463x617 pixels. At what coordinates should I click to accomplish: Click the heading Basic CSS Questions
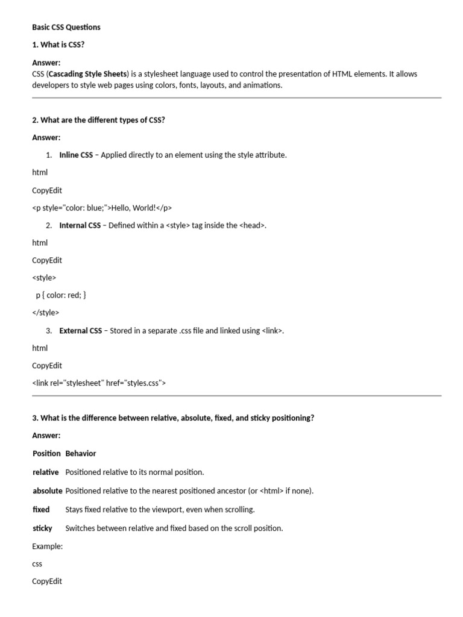pos(66,27)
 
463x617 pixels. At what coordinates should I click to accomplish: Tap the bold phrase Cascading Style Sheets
pos(88,74)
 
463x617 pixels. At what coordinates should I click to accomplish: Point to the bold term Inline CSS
pos(76,155)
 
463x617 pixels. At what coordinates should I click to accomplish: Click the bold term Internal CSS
pos(80,225)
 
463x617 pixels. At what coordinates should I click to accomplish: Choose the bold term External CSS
pos(80,331)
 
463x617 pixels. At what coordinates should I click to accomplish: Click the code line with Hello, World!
pos(102,208)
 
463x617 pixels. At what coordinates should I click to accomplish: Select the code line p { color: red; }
pos(61,295)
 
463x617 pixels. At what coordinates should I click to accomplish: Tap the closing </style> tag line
pos(46,313)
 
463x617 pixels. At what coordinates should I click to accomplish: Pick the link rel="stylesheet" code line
pos(99,383)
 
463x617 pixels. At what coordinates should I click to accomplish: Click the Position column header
pos(46,453)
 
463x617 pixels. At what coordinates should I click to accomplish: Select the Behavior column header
pos(81,453)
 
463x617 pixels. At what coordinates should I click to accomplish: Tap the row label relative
pos(46,472)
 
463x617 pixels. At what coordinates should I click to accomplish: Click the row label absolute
pos(48,490)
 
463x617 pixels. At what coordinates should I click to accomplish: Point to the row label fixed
pos(41,509)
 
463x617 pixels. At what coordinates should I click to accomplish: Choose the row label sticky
pos(42,528)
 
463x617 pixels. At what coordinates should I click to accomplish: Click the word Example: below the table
pos(47,546)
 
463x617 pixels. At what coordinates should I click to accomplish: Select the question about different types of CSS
pos(98,120)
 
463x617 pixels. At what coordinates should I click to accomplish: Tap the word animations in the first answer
pos(262,85)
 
